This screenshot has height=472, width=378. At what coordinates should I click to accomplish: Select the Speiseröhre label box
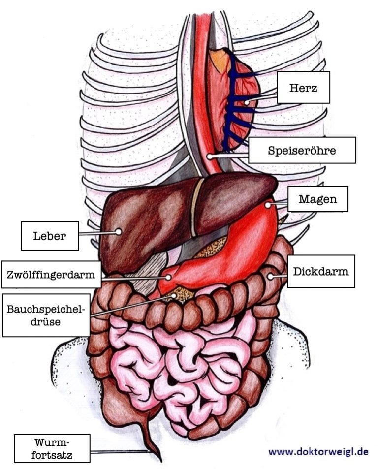pyautogui.click(x=302, y=150)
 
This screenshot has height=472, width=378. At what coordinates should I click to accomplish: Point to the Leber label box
pyautogui.click(x=50, y=235)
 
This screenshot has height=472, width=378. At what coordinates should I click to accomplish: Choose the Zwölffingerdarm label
pyautogui.click(x=51, y=275)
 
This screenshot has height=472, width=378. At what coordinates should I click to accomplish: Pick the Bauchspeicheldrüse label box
pyautogui.click(x=46, y=315)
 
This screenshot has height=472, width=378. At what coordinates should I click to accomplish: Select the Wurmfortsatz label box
pyautogui.click(x=52, y=448)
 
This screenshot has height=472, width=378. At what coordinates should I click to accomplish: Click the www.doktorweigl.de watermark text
pyautogui.click(x=317, y=451)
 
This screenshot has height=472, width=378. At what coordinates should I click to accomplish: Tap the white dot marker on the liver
pyautogui.click(x=118, y=231)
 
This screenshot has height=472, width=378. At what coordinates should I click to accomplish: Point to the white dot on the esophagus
pyautogui.click(x=209, y=157)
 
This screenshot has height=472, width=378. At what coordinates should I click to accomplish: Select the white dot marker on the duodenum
pyautogui.click(x=168, y=277)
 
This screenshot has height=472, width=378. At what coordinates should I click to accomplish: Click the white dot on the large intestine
pyautogui.click(x=269, y=277)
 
